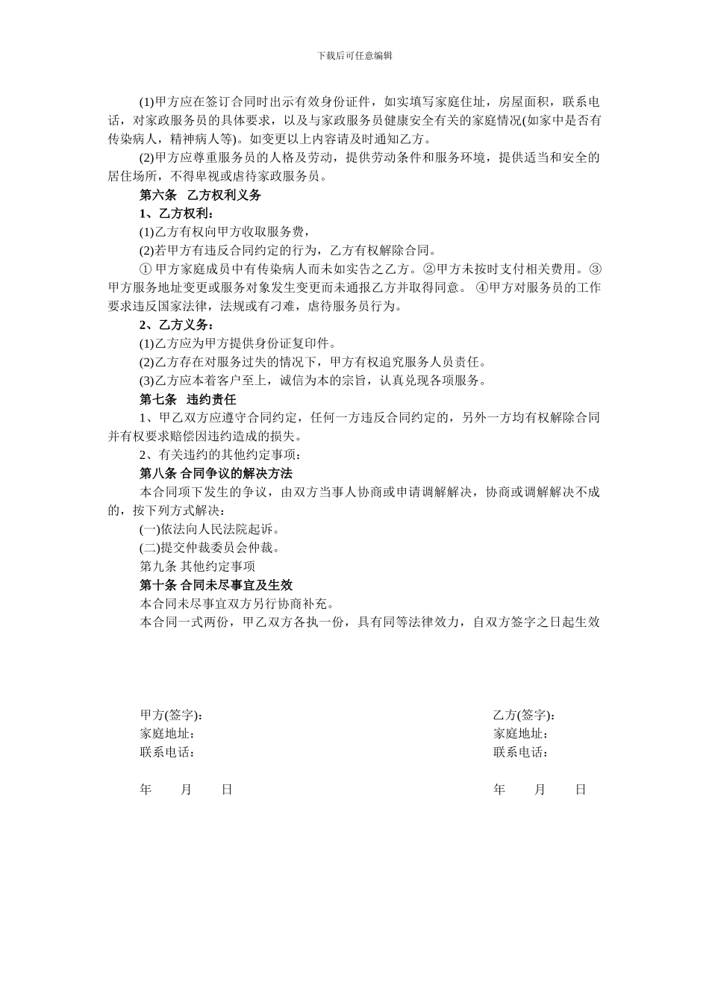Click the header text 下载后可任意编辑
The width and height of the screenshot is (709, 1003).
[x=354, y=55]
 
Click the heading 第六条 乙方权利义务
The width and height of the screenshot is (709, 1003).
[x=200, y=195]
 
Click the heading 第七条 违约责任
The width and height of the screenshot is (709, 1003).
[x=188, y=399]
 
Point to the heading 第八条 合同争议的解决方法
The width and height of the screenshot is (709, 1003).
[x=216, y=473]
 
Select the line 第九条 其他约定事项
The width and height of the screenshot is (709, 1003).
[x=197, y=566]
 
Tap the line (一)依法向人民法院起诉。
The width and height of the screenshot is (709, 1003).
[x=210, y=529]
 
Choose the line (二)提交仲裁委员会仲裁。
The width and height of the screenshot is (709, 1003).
[x=210, y=548]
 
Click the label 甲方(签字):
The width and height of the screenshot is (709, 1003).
[x=171, y=715]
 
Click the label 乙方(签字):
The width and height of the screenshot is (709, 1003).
[x=524, y=715]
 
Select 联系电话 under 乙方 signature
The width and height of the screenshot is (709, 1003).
[x=521, y=752]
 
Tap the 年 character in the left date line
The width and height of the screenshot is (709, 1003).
[x=146, y=790]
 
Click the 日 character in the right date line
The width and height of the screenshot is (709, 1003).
[x=581, y=790]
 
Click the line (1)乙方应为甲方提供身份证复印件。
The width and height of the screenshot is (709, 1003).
[x=238, y=343]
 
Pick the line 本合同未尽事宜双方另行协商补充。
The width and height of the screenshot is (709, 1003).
[x=237, y=603]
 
